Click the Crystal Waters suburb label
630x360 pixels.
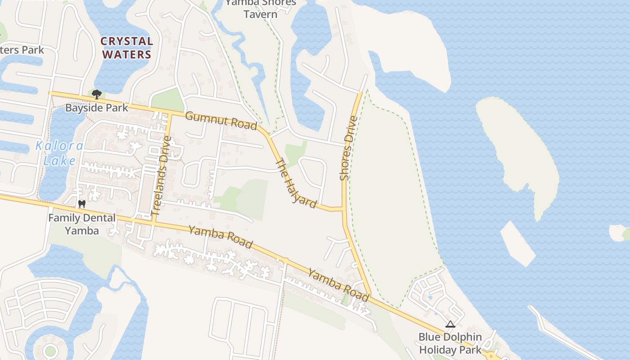pos(127,48)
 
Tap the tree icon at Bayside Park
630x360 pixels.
pos(96,94)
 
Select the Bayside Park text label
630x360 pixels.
pos(97,108)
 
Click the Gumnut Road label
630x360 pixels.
pos(221,120)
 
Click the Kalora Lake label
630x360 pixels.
pos(59,153)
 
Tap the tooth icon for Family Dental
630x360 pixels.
pos(81,204)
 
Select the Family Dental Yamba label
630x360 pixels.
pos(82,224)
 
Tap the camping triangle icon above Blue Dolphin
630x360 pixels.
pos(450,324)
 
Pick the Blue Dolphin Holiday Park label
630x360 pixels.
pos(450,343)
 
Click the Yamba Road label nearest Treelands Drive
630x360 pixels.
pos(220,237)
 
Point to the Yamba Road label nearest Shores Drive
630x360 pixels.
pos(339,284)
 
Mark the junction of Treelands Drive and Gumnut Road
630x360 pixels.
pos(170,114)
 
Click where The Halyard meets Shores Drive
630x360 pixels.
pos(344,209)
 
